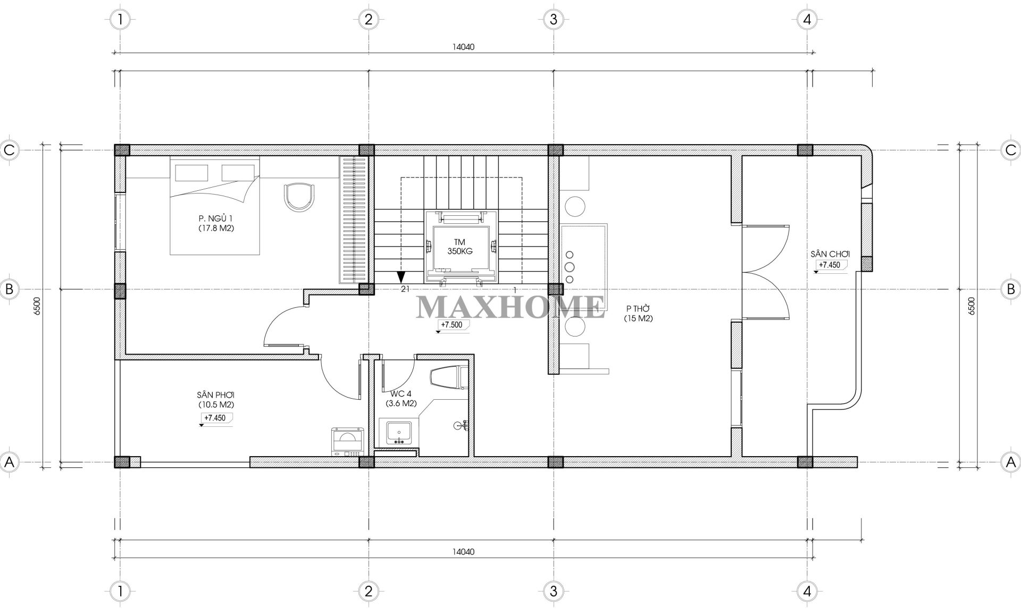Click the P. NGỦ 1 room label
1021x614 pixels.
[x=216, y=223]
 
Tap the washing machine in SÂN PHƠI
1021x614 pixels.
[x=347, y=442]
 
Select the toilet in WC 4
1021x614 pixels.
[x=448, y=378]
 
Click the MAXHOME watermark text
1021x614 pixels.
[x=510, y=306]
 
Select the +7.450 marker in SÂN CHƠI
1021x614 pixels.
[x=830, y=265]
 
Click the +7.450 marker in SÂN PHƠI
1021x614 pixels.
[x=215, y=418]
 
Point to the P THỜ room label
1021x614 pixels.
[x=639, y=314]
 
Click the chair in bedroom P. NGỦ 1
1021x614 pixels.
[x=299, y=197]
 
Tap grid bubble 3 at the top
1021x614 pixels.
[x=554, y=20]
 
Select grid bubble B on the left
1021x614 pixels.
[x=9, y=289]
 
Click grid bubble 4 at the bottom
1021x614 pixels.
[x=807, y=591]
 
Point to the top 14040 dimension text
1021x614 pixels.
[x=463, y=47]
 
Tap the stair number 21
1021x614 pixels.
[x=405, y=289]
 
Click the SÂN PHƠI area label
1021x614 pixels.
[x=215, y=395]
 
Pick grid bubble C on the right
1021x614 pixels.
[x=1011, y=150]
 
